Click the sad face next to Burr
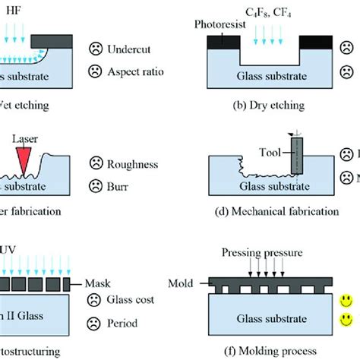[x=96, y=184]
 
